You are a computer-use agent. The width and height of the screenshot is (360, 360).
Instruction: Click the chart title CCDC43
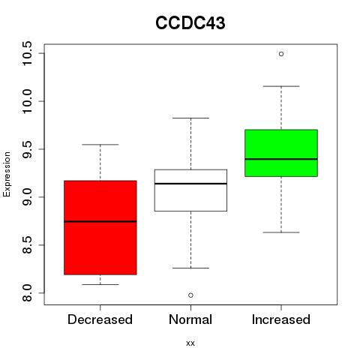coord(190,23)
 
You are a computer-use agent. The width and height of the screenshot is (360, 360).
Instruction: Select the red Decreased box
coord(100,227)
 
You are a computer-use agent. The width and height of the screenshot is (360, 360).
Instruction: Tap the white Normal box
coord(190,190)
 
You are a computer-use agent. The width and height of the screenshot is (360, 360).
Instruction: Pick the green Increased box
coord(281,153)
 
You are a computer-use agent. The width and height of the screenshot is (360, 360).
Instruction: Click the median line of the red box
coord(100,221)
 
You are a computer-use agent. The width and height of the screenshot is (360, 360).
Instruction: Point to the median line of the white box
coord(190,184)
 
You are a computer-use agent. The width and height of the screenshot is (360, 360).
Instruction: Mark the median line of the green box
coord(281,159)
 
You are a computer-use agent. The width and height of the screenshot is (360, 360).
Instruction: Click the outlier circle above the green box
coord(281,54)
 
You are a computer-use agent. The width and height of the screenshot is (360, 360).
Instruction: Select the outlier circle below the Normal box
coord(190,295)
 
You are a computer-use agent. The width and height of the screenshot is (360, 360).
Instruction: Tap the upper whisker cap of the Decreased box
coord(100,145)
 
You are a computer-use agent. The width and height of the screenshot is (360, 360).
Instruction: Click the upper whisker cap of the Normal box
coord(190,118)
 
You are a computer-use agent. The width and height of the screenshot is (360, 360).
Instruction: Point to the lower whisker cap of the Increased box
coord(281,232)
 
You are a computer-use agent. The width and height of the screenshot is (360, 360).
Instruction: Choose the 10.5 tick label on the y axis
coord(27,53)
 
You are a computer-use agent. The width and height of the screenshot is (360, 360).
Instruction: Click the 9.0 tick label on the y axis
coord(27,197)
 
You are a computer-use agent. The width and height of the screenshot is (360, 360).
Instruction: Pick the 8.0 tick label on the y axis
coord(27,293)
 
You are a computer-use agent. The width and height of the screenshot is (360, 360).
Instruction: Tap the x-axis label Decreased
coord(100,319)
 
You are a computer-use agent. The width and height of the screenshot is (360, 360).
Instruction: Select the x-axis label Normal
coord(190,319)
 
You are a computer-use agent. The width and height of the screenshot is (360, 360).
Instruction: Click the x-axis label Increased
coord(281,319)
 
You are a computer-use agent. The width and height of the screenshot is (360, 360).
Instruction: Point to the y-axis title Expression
coord(7,174)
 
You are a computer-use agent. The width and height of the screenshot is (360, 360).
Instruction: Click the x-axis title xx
coord(190,343)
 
